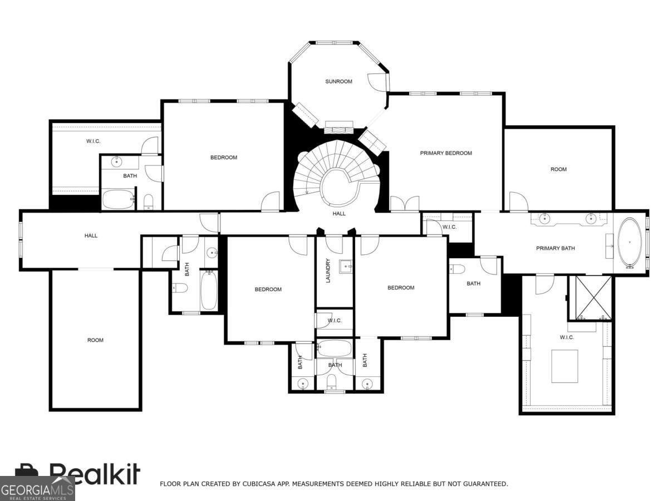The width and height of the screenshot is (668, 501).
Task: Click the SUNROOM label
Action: (338, 81)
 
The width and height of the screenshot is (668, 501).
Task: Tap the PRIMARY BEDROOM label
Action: (446, 153)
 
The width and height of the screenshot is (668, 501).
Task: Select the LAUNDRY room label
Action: (328, 271)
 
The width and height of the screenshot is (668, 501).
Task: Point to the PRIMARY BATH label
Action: (556, 248)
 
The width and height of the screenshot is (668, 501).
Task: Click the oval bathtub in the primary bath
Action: (630, 242)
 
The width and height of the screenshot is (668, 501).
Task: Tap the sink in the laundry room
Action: (346, 267)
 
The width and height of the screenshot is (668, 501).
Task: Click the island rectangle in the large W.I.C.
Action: (564, 366)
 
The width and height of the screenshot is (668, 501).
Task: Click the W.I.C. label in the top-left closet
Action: (93, 141)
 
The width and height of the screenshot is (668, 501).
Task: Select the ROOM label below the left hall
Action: (95, 340)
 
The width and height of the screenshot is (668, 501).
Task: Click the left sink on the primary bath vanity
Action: (544, 218)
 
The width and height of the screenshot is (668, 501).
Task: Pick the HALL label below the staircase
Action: (338, 214)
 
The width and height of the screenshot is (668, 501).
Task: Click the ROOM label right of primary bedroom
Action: (558, 169)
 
